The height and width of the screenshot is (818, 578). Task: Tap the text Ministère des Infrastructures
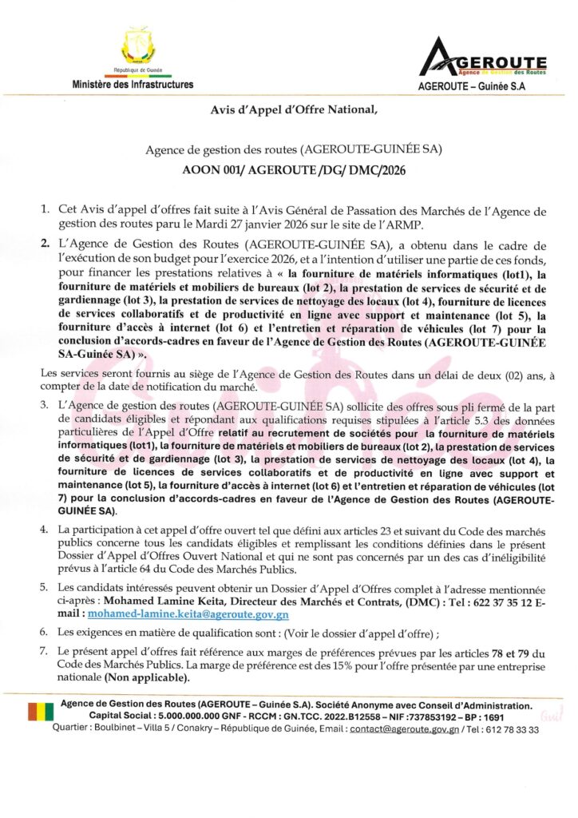tap(133, 84)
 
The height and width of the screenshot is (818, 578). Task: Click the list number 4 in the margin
tap(46, 530)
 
